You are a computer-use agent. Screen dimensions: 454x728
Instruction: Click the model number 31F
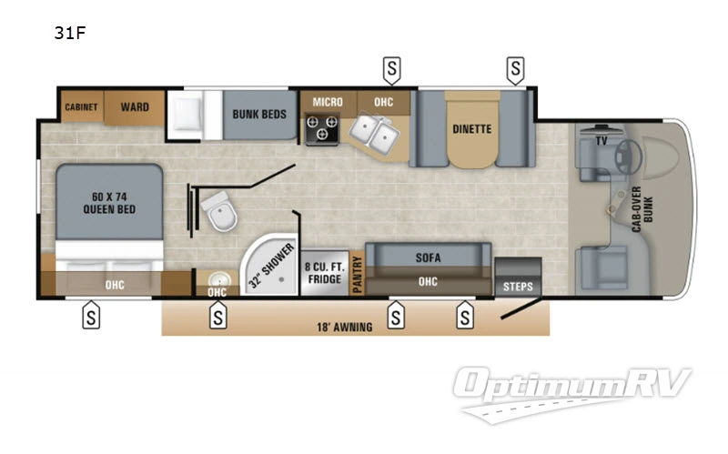click(x=69, y=35)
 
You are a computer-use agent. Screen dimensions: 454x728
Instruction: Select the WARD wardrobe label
click(x=135, y=107)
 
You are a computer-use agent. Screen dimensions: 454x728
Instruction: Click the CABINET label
click(x=81, y=107)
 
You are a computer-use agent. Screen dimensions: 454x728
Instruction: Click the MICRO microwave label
click(x=328, y=102)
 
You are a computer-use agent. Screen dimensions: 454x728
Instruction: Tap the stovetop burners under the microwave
click(x=322, y=134)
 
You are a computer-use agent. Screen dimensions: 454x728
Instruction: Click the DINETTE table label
click(x=471, y=129)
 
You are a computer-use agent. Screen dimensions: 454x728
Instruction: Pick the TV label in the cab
click(x=602, y=141)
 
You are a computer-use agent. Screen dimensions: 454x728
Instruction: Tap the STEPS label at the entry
click(x=518, y=286)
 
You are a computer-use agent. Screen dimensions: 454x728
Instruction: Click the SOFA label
click(x=428, y=257)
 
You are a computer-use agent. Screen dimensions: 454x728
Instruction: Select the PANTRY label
click(x=357, y=273)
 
